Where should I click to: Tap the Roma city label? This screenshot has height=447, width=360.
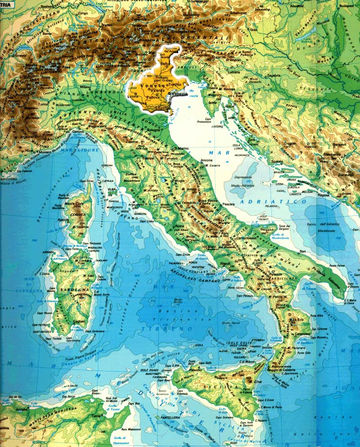coord(179,226)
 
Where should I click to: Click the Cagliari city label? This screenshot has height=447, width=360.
coord(80,321)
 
